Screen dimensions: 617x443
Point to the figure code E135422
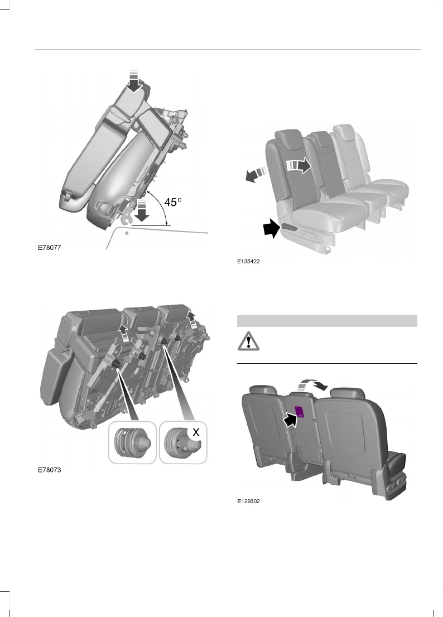[249, 261]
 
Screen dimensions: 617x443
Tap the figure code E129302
[249, 501]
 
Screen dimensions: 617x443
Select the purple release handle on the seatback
[299, 411]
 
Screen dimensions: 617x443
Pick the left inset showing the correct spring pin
[133, 442]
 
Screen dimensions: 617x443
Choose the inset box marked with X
[183, 442]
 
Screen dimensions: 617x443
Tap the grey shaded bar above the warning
[327, 321]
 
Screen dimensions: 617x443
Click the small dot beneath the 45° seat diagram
[128, 234]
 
